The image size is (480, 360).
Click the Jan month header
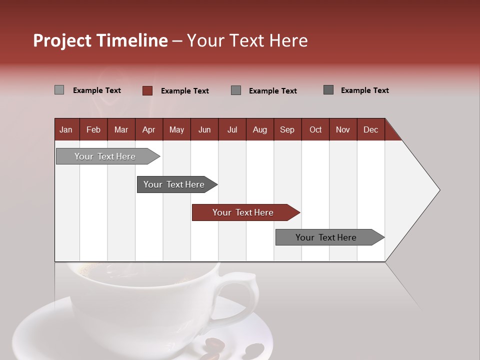(x=66, y=129)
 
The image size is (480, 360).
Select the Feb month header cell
(x=93, y=129)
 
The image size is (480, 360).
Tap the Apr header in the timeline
(x=148, y=129)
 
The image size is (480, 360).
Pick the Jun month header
(x=204, y=129)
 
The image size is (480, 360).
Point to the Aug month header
(x=259, y=129)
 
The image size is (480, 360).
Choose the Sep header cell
(x=287, y=129)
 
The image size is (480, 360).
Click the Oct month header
(x=315, y=129)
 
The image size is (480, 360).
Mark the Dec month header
(x=370, y=129)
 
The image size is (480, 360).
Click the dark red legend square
(x=147, y=90)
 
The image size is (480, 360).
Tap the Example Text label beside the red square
(x=184, y=91)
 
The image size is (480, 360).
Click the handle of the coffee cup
(x=245, y=295)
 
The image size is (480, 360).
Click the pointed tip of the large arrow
(x=438, y=190)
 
